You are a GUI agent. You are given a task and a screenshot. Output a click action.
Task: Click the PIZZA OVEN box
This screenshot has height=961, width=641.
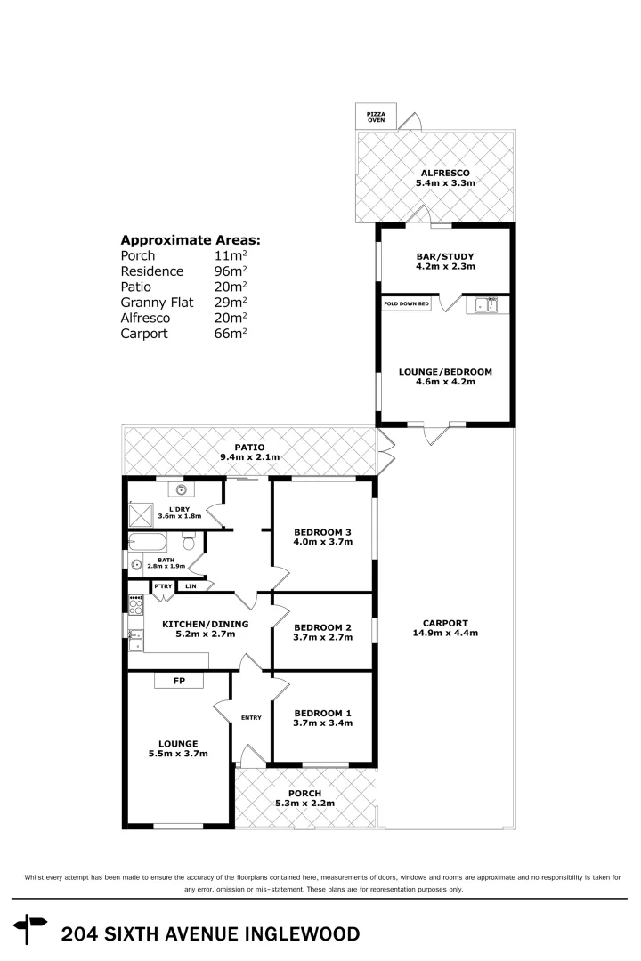click(377, 117)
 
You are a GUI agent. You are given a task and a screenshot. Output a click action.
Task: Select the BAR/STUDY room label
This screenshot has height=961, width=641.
click(445, 261)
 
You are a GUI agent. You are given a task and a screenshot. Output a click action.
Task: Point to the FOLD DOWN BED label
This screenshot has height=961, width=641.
click(406, 304)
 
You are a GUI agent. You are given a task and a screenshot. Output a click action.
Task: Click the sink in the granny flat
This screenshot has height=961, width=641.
click(486, 305)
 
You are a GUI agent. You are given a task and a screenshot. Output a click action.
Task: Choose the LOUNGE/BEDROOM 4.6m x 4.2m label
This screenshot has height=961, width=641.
click(445, 376)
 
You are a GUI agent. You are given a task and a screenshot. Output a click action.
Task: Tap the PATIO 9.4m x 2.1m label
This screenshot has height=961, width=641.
click(250, 452)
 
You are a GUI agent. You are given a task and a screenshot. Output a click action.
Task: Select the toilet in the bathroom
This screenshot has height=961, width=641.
click(188, 542)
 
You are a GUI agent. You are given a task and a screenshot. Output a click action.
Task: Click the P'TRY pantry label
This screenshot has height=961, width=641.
click(162, 586)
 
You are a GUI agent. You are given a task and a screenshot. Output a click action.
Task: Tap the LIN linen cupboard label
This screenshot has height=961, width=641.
click(191, 586)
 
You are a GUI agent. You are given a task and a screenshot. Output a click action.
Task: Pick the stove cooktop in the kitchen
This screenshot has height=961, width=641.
click(135, 605)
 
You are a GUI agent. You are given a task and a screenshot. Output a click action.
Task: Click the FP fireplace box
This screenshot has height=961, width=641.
click(179, 681)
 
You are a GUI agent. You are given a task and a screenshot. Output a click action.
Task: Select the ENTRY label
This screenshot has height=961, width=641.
click(251, 718)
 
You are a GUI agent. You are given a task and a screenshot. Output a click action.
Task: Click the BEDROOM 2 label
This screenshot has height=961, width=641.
click(322, 632)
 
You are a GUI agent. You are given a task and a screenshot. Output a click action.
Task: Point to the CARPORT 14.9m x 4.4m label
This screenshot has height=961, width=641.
click(446, 628)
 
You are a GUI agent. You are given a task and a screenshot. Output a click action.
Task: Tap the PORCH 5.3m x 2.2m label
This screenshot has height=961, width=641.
click(305, 798)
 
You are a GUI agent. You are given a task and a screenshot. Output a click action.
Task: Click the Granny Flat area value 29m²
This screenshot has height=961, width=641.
click(231, 303)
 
